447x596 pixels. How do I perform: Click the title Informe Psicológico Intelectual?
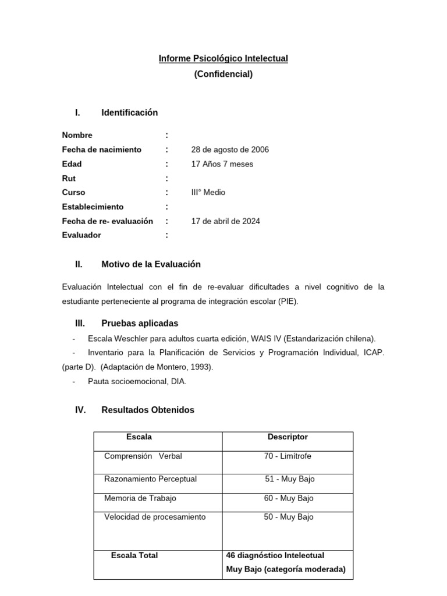(223, 59)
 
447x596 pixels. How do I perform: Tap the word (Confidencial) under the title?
(223, 74)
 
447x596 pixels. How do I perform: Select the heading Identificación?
(129, 112)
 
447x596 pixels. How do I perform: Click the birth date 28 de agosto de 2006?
(230, 150)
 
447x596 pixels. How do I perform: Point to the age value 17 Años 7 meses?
(222, 164)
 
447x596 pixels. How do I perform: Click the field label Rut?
(69, 178)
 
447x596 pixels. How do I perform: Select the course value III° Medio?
(208, 193)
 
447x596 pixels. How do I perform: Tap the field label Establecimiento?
(93, 207)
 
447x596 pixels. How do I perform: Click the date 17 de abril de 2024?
(226, 221)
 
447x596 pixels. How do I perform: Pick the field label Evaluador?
(81, 235)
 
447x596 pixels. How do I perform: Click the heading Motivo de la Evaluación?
(151, 264)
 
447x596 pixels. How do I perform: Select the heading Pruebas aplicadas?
(140, 323)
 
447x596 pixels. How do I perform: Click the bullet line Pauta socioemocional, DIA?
(137, 381)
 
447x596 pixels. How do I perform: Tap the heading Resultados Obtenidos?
(148, 410)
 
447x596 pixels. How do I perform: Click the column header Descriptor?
(288, 437)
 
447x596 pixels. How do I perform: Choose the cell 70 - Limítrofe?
(288, 456)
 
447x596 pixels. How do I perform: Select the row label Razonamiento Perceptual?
(150, 479)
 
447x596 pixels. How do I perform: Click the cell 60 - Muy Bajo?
(288, 498)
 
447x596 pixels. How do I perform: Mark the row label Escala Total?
(134, 555)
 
